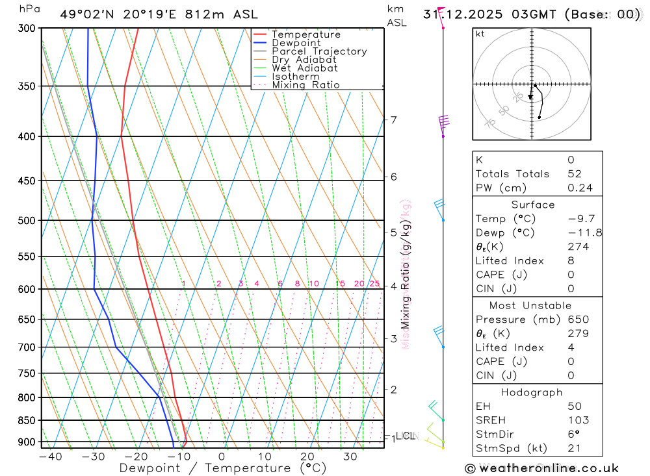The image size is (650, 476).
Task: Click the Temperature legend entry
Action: coord(305,34)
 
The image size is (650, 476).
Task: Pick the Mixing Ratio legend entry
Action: coord(305,85)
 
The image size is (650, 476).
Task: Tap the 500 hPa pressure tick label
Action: coord(27,220)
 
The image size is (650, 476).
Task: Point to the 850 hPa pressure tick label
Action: coord(27,420)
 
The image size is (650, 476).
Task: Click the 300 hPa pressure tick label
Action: coord(27,28)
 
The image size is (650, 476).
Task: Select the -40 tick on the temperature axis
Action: coord(50,457)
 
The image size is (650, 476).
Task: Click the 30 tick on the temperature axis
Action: coord(350,457)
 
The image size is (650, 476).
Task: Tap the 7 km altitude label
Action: coord(393,120)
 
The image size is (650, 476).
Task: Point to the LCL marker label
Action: coord(406,436)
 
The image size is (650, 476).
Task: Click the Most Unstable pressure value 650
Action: coord(578,319)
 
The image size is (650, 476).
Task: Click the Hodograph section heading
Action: coord(532,392)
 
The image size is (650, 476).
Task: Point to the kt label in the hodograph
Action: coord(480,34)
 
